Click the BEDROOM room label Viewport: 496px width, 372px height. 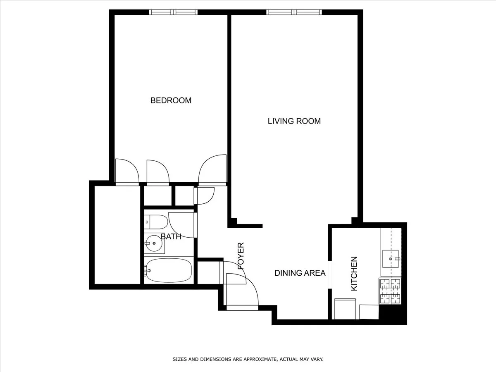click(x=171, y=100)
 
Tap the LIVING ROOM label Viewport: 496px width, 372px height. click(x=294, y=121)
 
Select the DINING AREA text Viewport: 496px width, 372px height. click(x=300, y=273)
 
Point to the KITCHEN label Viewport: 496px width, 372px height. click(x=354, y=274)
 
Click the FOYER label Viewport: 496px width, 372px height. click(x=241, y=256)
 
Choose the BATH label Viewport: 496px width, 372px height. click(x=171, y=237)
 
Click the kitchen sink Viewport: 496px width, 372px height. click(x=391, y=258)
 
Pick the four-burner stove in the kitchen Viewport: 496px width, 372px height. click(x=390, y=291)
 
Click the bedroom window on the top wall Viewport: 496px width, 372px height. click(x=174, y=12)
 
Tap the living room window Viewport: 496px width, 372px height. click(x=294, y=12)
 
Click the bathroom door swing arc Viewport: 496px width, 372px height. click(x=182, y=225)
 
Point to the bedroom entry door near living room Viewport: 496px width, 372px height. click(x=213, y=169)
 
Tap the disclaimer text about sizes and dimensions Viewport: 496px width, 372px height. click(x=248, y=360)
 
